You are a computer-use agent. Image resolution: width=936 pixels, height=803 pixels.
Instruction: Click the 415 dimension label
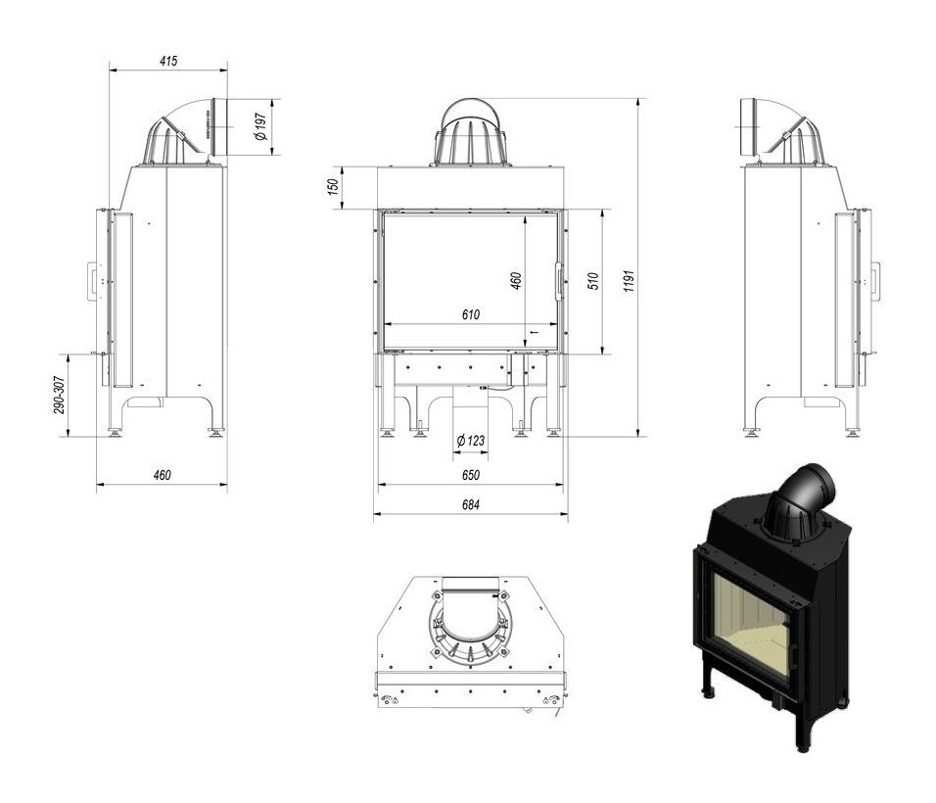click(167, 61)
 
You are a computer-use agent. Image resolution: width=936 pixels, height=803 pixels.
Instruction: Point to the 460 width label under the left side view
click(162, 476)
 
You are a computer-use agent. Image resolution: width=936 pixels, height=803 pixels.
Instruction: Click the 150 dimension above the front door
click(333, 186)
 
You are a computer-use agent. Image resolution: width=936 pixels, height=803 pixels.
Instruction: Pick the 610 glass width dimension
click(470, 314)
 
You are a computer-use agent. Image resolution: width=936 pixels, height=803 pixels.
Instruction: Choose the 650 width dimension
click(470, 476)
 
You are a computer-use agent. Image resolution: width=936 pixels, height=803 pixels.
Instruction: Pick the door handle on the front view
click(560, 281)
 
